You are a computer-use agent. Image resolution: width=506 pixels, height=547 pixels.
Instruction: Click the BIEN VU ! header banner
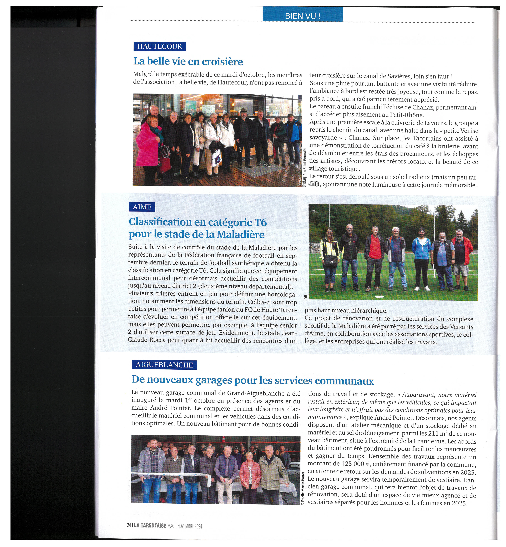(x=303, y=16)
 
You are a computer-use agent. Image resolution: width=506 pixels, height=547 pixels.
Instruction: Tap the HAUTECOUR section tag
(x=160, y=46)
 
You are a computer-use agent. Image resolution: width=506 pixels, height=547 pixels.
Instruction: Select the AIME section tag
(x=142, y=207)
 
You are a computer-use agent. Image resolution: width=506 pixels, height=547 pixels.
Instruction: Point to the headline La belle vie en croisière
(x=188, y=61)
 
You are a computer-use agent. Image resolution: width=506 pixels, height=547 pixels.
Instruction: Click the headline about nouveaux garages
(x=253, y=380)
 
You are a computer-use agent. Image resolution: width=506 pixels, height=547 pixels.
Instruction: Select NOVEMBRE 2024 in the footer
(x=189, y=526)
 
